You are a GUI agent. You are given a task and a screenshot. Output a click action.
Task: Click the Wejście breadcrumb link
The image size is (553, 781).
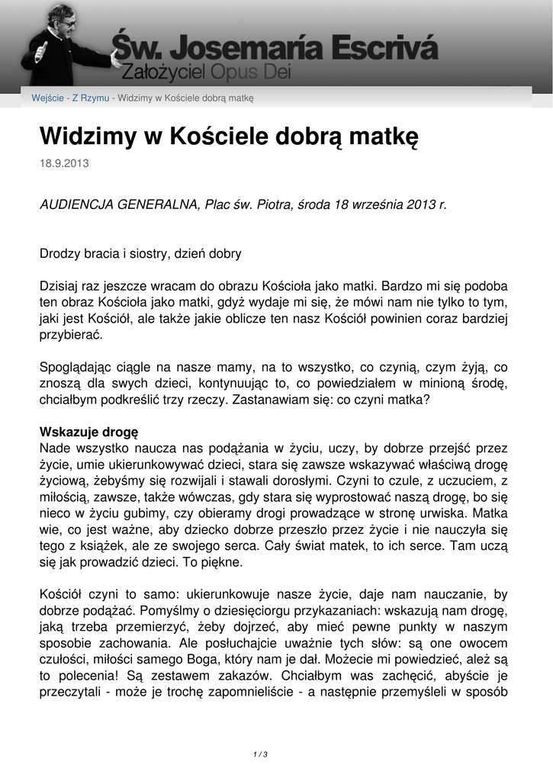click(47, 98)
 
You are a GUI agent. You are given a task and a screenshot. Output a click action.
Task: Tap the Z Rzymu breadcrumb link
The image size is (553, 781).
click(91, 98)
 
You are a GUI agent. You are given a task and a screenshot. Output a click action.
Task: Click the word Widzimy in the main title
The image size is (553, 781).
click(87, 137)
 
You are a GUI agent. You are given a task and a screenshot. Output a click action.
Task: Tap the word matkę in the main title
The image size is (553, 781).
click(378, 137)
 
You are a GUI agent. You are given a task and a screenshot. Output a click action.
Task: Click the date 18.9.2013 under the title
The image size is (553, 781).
click(59, 164)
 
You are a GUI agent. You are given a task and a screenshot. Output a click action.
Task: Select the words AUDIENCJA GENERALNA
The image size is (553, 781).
click(119, 205)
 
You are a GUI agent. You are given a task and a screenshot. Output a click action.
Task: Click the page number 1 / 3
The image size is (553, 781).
click(260, 754)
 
